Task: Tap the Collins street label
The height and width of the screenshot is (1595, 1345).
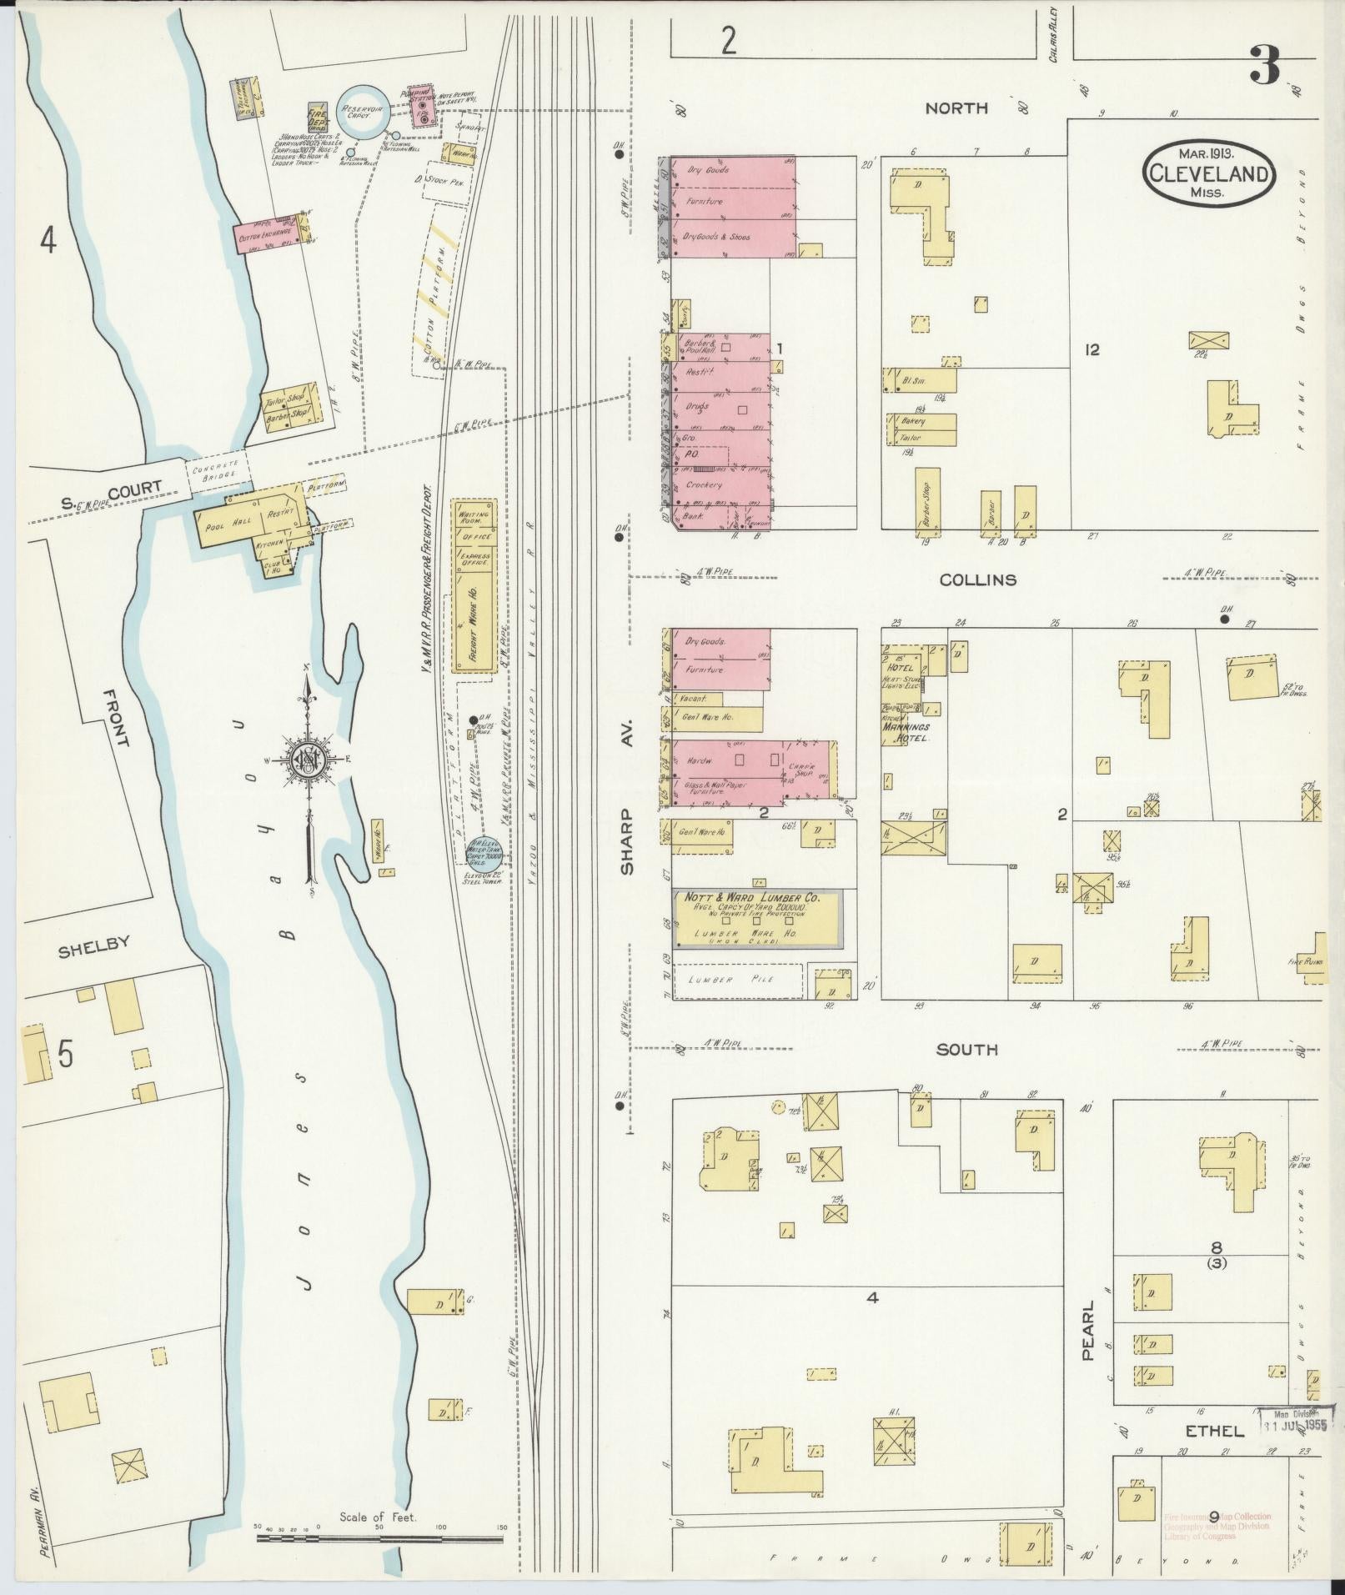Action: [977, 579]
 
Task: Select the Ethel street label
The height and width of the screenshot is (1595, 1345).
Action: [1215, 1431]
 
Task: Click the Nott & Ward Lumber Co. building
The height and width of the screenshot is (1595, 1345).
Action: [756, 917]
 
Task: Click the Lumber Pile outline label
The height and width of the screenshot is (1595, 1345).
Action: [731, 980]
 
